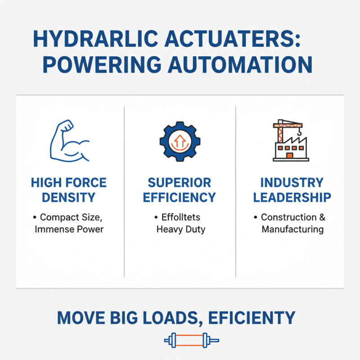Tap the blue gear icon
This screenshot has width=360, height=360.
pos(180,141)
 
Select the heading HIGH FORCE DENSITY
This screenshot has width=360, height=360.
pos(69,190)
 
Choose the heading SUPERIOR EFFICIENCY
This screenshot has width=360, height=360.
pos(180,190)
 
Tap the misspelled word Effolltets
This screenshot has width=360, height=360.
pos(180,217)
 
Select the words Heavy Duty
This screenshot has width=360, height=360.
pos(180,229)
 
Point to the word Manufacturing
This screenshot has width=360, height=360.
pos(292,229)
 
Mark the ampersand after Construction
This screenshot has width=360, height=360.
pos(322,217)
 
